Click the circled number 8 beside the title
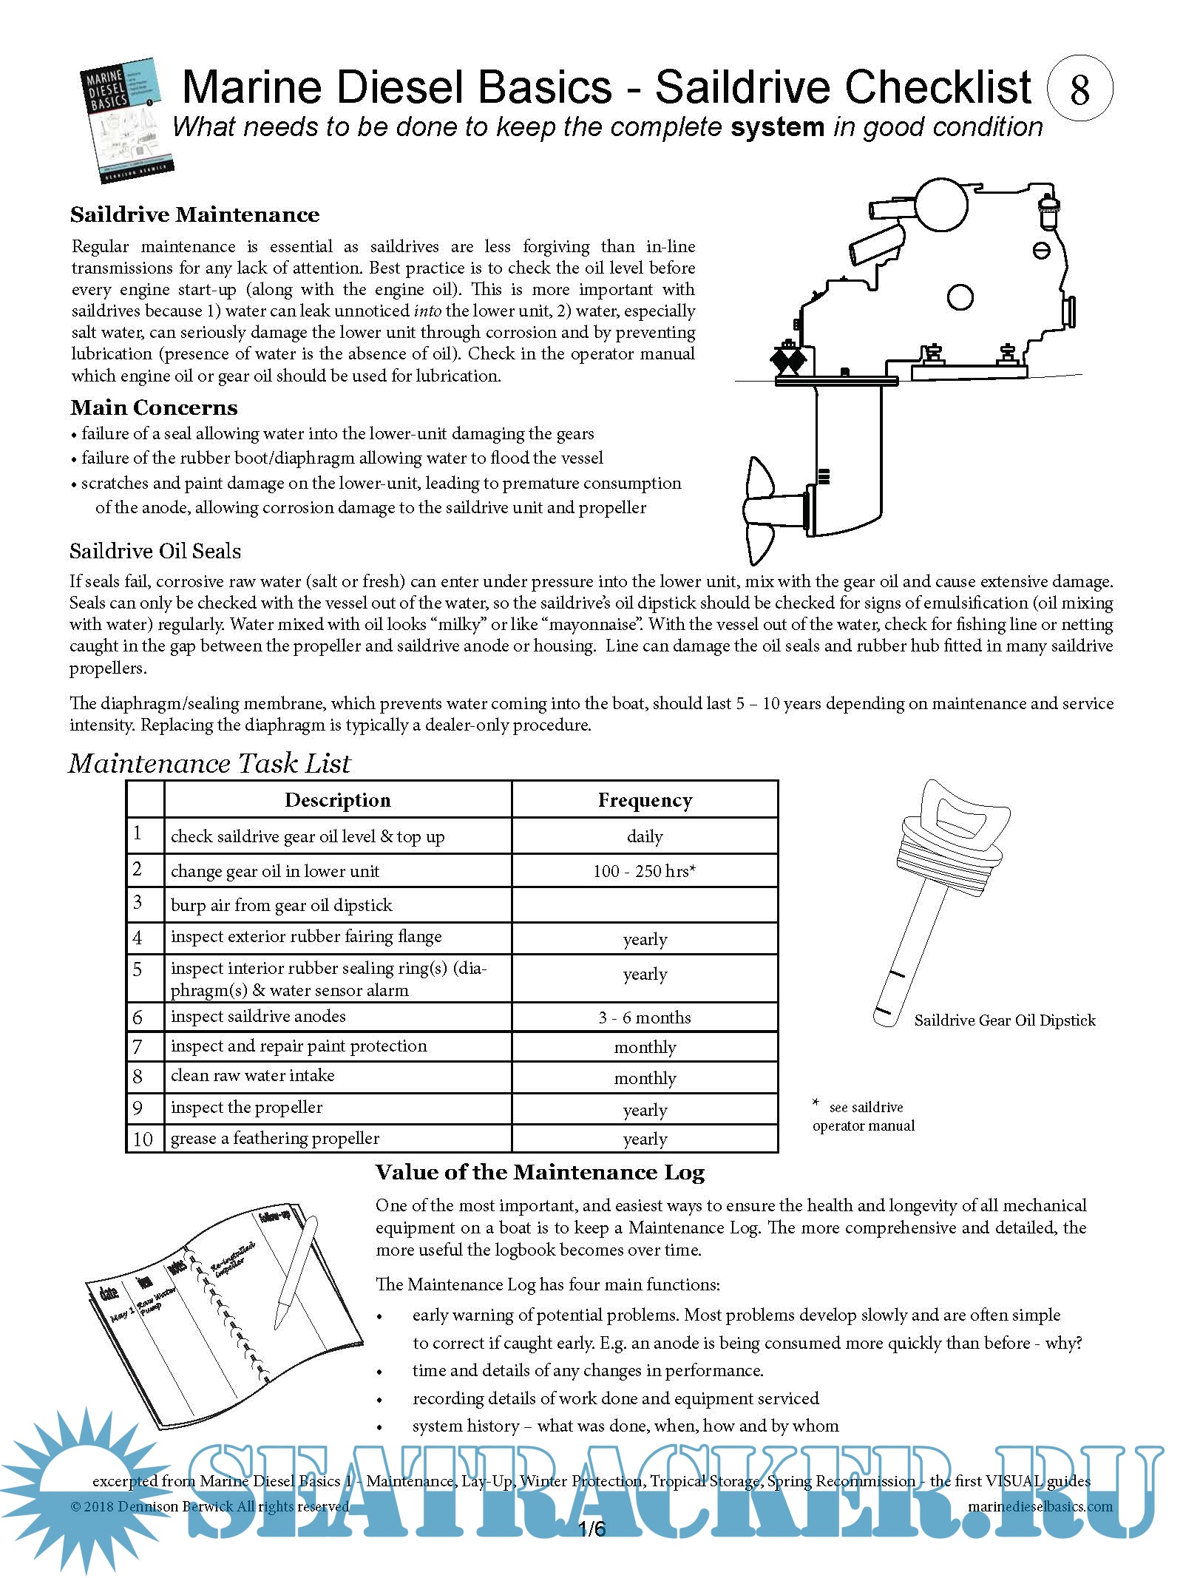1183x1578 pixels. tap(1079, 88)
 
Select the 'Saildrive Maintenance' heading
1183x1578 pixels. tap(195, 215)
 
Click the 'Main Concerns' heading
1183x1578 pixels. tap(154, 407)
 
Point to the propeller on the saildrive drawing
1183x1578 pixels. tap(762, 510)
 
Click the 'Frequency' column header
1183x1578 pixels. tap(645, 800)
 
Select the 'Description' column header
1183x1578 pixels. tap(337, 800)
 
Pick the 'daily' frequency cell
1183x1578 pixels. tap(645, 836)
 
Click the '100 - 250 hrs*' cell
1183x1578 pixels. tap(645, 871)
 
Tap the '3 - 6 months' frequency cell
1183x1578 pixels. tap(645, 1017)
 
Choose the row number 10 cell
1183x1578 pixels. tap(143, 1139)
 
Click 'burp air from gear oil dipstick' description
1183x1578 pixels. tap(281, 905)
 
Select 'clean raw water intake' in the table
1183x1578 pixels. tap(252, 1076)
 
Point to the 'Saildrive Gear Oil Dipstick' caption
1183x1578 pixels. tap(1004, 1020)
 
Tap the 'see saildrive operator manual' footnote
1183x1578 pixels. tap(864, 1117)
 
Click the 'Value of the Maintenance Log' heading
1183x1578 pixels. tap(540, 1173)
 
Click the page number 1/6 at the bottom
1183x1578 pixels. tap(591, 1529)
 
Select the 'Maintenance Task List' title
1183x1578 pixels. tap(210, 763)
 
